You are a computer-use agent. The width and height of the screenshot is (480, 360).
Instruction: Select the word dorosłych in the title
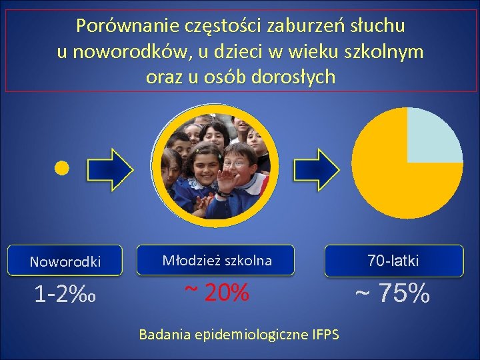(294, 77)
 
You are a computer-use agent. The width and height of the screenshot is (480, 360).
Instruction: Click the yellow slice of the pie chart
(393, 180)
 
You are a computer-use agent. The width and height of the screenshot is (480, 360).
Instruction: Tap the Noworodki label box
(65, 261)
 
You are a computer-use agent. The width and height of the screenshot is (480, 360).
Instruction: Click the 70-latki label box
(393, 261)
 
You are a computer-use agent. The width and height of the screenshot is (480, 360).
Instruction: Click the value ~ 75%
(391, 293)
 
